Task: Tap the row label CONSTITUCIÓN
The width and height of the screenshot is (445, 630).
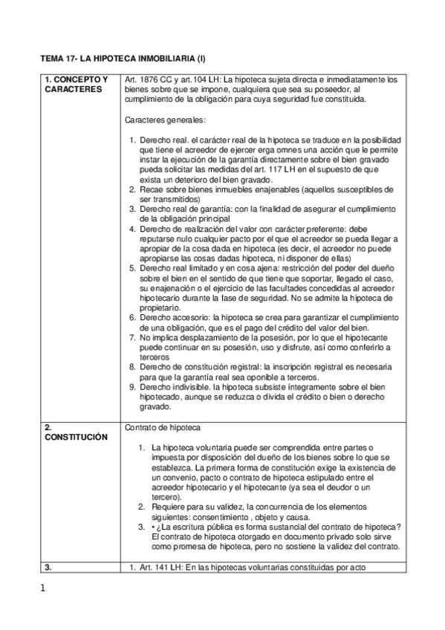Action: coord(74,437)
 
